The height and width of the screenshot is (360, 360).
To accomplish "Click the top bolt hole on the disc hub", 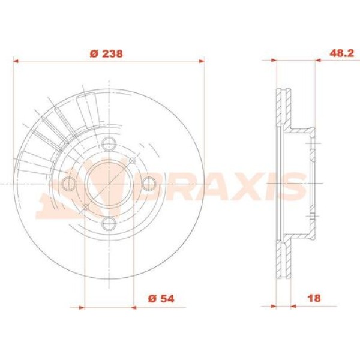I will (x=109, y=144).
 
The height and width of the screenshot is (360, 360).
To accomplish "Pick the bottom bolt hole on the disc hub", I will (x=109, y=224).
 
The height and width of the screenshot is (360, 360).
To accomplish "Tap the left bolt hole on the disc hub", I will (x=69, y=184).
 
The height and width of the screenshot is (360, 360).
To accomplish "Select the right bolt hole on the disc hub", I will (x=149, y=184).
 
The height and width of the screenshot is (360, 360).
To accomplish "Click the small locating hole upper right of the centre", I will (x=132, y=161).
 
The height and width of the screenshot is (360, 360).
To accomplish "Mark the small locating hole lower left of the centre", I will (x=85, y=208).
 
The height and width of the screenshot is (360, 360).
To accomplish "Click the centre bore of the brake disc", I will (x=109, y=184).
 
